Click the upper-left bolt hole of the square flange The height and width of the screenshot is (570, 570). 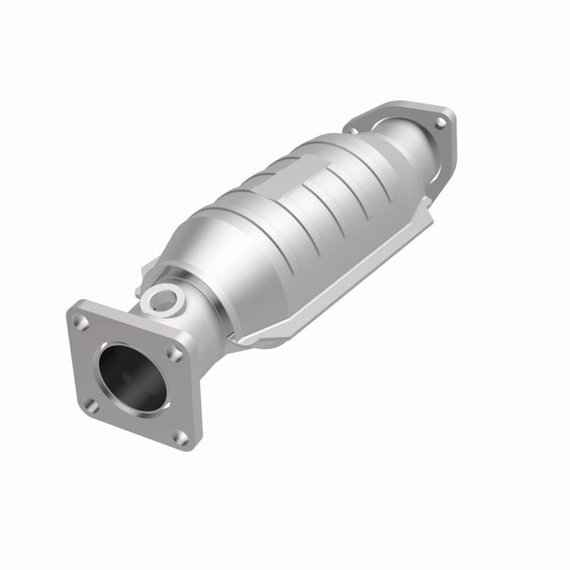pos(80,321)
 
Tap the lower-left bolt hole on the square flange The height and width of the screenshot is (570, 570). pos(92,405)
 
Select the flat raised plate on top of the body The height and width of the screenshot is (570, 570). pos(297,178)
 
